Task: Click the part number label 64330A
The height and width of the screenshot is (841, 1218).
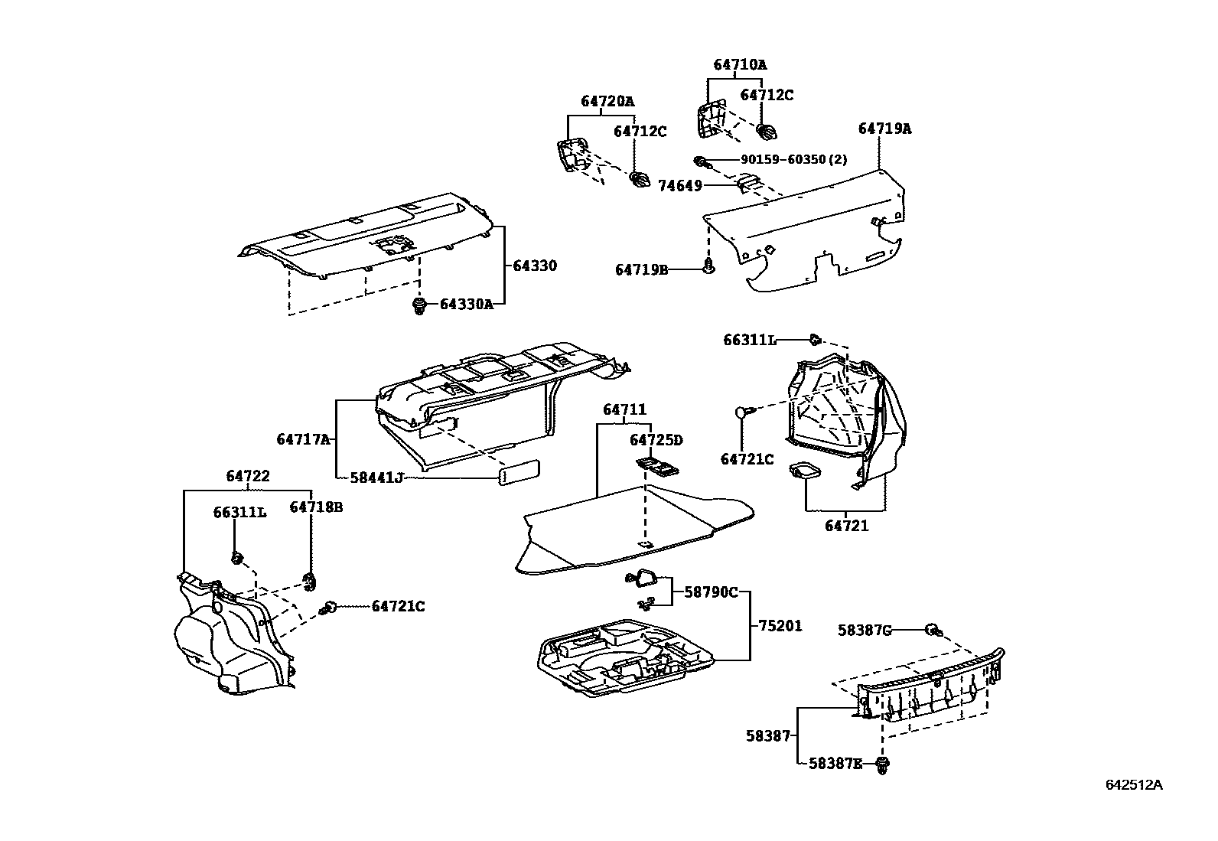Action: [x=466, y=304]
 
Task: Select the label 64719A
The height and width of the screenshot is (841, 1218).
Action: [x=884, y=129]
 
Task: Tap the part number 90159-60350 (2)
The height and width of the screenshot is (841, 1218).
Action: [x=793, y=160]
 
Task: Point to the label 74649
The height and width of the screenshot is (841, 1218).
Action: [x=680, y=185]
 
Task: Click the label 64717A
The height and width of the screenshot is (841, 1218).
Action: [x=303, y=439]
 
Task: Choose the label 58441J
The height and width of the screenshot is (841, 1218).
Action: [x=376, y=478]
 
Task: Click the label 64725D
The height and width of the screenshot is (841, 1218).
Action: [x=656, y=440]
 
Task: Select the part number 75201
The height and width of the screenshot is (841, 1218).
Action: [x=780, y=625]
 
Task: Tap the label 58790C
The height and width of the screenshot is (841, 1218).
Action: [x=711, y=592]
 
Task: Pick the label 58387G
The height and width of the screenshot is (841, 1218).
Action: [x=865, y=630]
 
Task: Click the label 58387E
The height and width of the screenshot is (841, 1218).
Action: [x=835, y=763]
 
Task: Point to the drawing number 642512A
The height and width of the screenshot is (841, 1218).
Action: [x=1134, y=785]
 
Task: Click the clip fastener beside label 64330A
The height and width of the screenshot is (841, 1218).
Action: [x=418, y=305]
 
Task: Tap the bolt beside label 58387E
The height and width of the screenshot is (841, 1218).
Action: [x=884, y=763]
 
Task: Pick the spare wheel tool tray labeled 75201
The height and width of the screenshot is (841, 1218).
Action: [x=624, y=657]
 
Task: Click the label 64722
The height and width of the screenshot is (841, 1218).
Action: [x=248, y=476]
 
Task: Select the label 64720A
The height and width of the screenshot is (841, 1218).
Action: [x=607, y=101]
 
